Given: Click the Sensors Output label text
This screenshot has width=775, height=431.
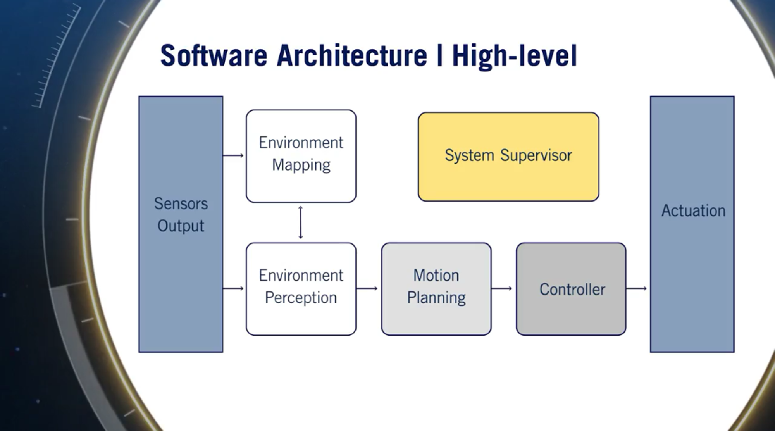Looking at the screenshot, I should (181, 215).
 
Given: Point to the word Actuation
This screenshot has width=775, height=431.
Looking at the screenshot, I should (693, 211).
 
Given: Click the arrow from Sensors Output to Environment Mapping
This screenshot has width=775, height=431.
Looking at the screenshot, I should (234, 156).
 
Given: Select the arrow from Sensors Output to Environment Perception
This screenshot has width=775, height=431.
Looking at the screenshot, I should (234, 288).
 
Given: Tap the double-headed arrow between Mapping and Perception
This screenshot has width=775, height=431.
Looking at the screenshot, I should (301, 222).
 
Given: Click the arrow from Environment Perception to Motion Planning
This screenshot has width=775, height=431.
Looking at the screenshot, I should (367, 288).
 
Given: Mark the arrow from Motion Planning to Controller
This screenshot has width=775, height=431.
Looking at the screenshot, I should (502, 288).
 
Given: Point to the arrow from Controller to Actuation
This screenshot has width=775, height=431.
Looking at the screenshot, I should (637, 288).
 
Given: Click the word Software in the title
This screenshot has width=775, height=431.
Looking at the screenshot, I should (214, 56).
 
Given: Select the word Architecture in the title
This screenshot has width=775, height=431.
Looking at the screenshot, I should (352, 56).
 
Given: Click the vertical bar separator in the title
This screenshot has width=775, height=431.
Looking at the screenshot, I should (439, 56).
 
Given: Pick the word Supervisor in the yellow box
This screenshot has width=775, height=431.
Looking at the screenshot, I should (536, 156).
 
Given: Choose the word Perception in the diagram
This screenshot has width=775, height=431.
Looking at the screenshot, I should (301, 298).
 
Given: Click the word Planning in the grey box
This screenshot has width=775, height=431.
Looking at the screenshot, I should (436, 298).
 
